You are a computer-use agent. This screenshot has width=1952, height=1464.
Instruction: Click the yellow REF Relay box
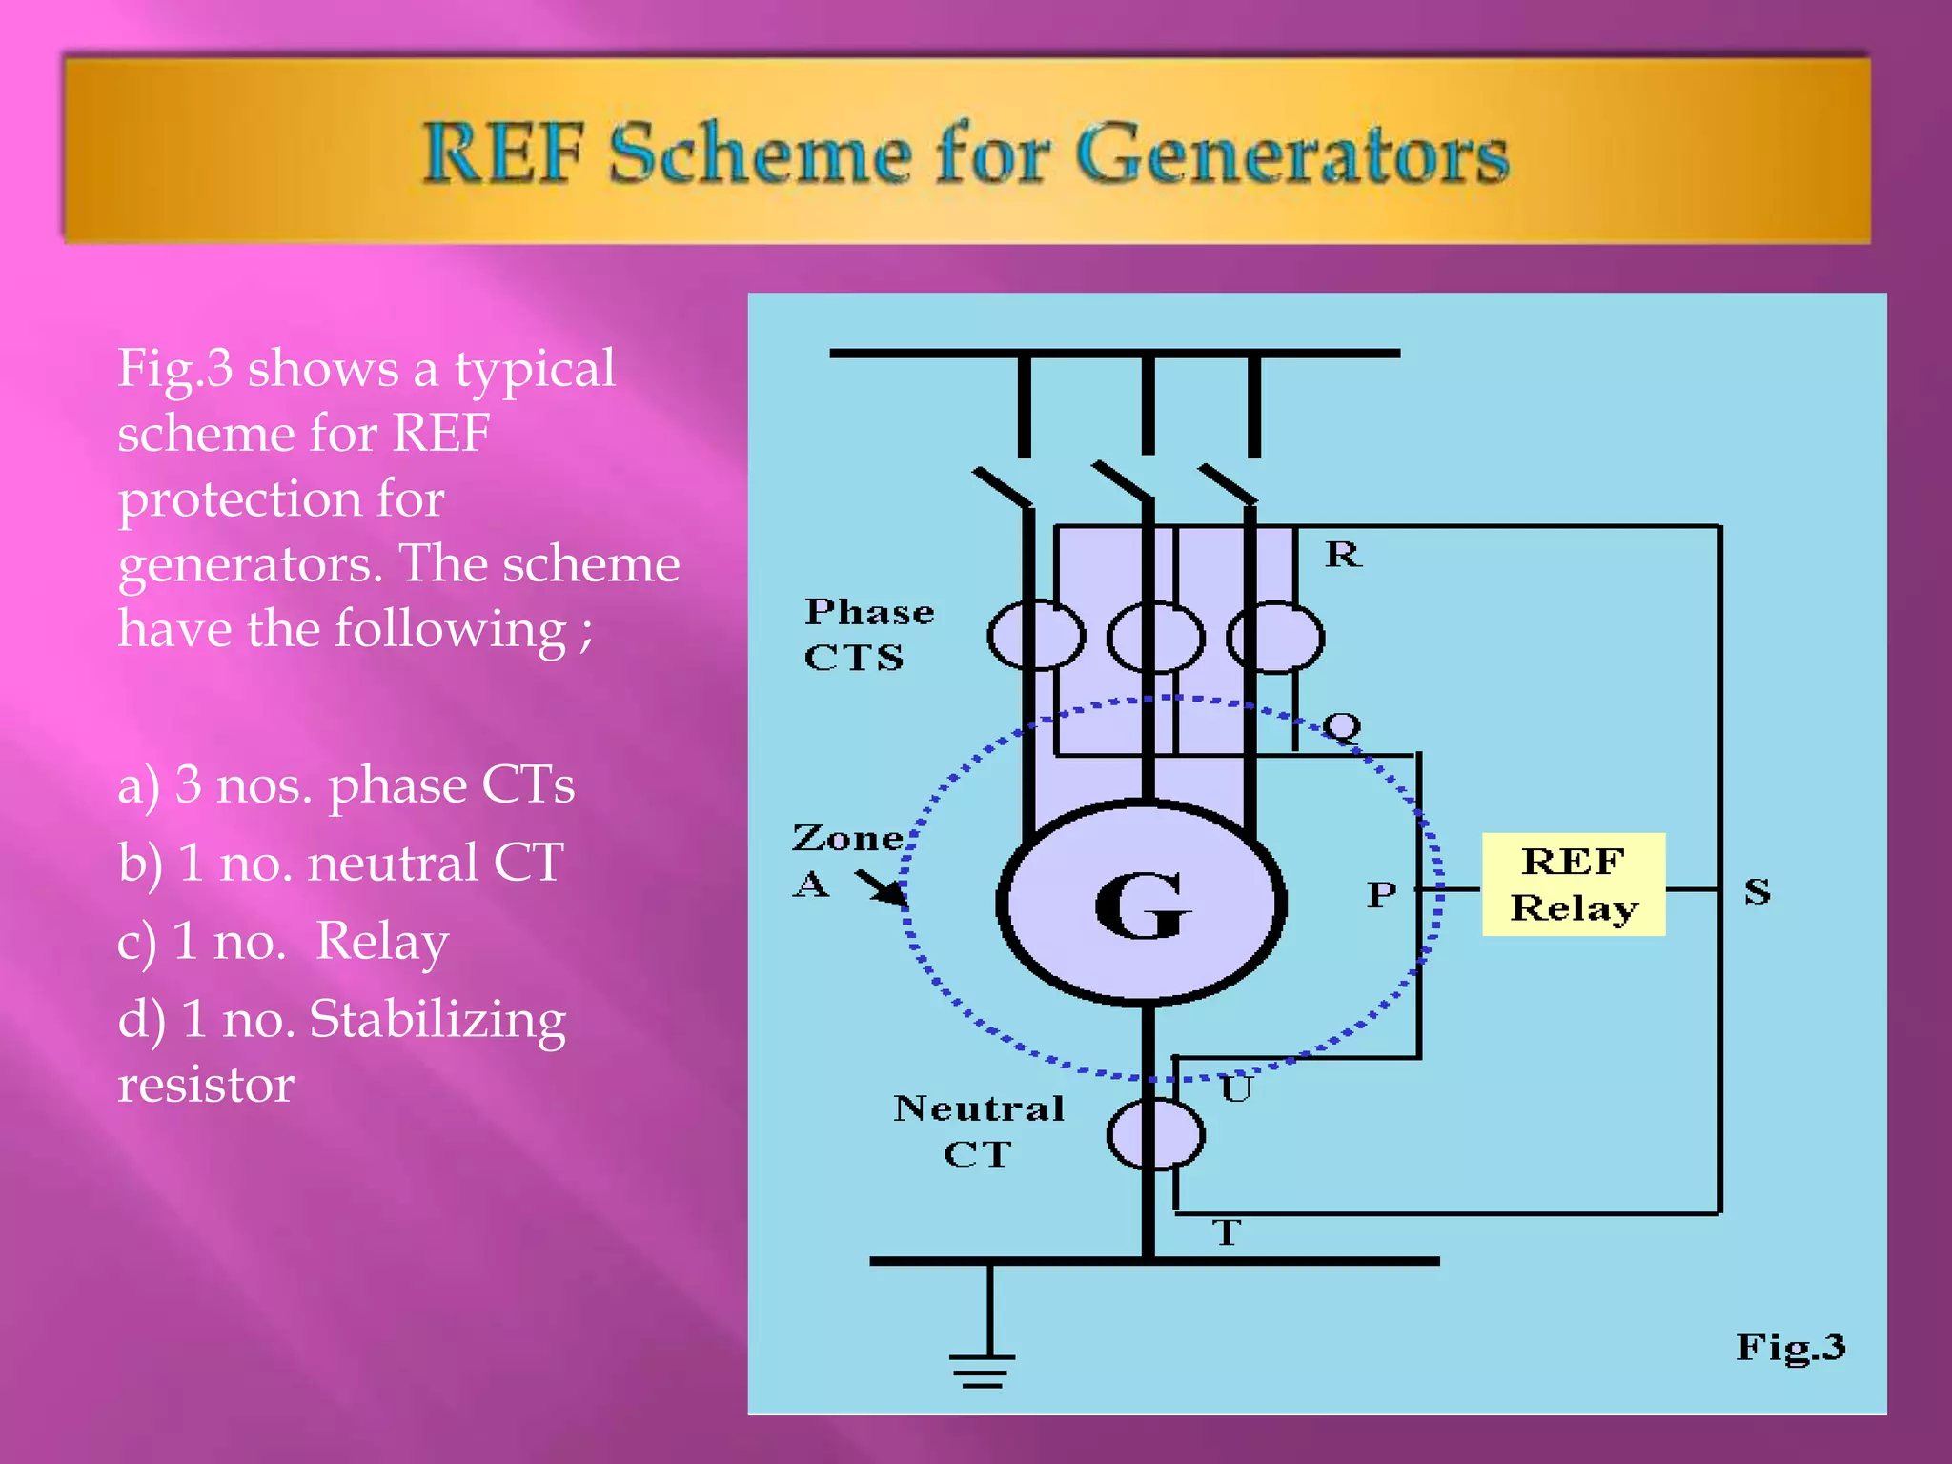click(x=1573, y=884)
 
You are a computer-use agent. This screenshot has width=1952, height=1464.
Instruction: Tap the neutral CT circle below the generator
click(x=1155, y=1134)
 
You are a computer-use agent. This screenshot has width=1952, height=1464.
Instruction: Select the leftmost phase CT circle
click(x=1035, y=636)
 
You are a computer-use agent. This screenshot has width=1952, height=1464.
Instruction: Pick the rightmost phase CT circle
click(x=1275, y=637)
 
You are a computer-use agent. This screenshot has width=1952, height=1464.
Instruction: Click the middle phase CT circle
click(x=1155, y=637)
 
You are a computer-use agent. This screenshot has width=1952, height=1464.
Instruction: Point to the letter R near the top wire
click(x=1343, y=554)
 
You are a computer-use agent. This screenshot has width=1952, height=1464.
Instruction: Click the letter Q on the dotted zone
click(x=1342, y=727)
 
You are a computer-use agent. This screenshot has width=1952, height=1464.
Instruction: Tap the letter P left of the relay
click(x=1381, y=894)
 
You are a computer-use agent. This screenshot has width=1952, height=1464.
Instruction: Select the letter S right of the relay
click(x=1757, y=891)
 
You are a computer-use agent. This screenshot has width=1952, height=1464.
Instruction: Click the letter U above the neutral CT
click(x=1236, y=1088)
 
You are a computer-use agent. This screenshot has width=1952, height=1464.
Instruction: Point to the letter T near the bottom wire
click(x=1227, y=1232)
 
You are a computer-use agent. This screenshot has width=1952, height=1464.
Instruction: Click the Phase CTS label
click(x=867, y=634)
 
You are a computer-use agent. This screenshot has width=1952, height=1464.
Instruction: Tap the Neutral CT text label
click(x=978, y=1130)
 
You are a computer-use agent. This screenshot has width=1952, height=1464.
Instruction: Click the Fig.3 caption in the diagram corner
click(x=1790, y=1347)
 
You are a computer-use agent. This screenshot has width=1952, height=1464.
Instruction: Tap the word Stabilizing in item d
click(x=437, y=1019)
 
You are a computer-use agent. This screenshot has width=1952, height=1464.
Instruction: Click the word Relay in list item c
click(x=381, y=941)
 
